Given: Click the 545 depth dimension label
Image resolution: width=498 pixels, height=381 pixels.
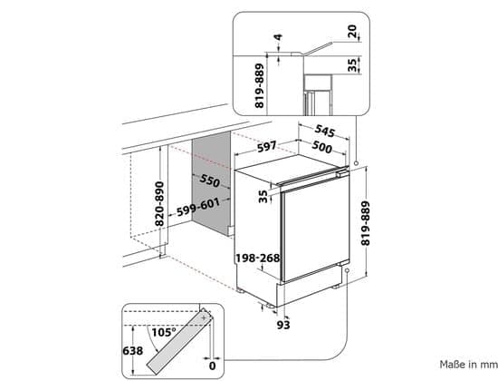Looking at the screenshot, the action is click(324, 131).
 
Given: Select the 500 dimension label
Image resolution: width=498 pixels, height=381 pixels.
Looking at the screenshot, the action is click(321, 147).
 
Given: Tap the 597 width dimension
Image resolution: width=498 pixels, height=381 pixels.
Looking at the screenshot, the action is click(267, 147).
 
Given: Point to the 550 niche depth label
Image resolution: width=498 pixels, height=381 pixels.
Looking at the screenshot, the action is click(210, 181).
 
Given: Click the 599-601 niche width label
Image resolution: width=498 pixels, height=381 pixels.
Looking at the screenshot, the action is click(198, 208).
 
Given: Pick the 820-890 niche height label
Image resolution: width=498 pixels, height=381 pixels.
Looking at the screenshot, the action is click(159, 204).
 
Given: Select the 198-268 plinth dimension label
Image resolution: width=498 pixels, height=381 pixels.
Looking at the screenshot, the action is click(257, 259).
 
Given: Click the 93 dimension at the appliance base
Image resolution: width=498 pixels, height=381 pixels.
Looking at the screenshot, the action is click(283, 325).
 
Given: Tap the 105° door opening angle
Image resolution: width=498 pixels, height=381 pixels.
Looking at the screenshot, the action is click(164, 333).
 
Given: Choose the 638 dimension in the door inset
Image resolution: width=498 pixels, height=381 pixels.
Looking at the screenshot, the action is click(133, 351).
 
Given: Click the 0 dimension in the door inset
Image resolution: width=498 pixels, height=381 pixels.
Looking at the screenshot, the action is click(212, 366).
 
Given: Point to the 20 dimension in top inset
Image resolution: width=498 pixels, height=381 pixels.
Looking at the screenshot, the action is click(352, 32).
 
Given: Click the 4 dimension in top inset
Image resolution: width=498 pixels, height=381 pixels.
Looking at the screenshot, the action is click(278, 37).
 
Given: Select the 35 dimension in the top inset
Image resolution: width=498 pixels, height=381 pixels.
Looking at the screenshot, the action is click(352, 65).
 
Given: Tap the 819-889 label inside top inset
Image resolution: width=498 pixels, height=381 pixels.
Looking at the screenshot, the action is click(260, 86).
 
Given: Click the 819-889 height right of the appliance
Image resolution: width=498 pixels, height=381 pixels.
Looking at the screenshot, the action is click(366, 223).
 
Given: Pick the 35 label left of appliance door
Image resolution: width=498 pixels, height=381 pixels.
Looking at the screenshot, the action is click(263, 196).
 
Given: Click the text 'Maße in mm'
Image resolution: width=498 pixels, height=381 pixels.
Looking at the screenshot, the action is click(469, 365).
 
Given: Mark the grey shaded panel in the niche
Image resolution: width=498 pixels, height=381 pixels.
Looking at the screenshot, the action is click(211, 183).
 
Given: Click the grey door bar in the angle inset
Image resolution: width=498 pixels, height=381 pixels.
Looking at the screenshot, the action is click(178, 343).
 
